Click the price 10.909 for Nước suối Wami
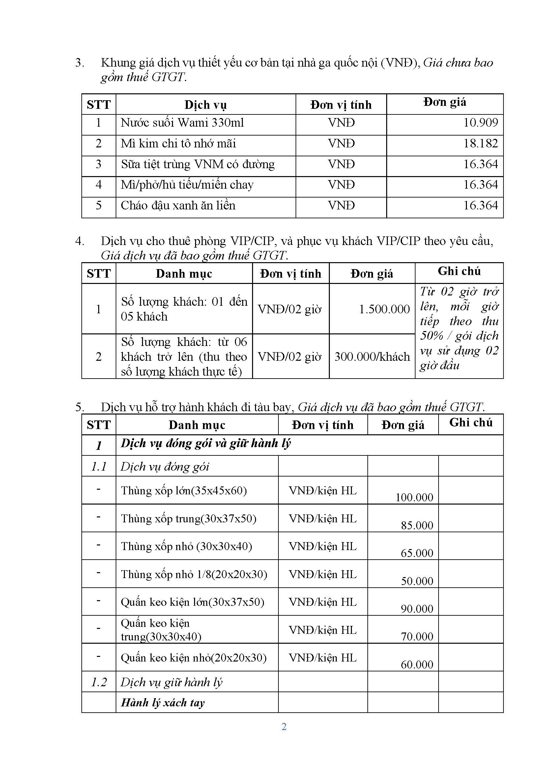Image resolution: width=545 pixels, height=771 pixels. [480, 123]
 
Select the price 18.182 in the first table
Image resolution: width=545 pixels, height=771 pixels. [480, 143]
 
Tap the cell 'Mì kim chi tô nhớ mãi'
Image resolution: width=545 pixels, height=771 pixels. [178, 143]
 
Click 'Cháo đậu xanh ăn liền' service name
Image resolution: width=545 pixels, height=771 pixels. [178, 205]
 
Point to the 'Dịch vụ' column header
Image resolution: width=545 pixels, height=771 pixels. [205, 105]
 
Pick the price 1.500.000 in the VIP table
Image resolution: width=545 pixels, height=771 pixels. [384, 309]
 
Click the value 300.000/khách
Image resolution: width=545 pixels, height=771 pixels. [372, 356]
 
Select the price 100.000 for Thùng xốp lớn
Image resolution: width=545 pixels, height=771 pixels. [414, 497]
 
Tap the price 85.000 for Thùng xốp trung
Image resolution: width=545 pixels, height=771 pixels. [417, 525]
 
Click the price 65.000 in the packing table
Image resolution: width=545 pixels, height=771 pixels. [417, 553]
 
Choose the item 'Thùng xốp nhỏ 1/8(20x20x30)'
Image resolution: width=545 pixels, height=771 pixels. [194, 574]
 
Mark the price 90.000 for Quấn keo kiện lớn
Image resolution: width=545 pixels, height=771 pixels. [417, 608]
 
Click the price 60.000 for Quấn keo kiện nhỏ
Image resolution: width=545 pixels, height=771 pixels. [417, 664]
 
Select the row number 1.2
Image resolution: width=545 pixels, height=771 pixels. [99, 682]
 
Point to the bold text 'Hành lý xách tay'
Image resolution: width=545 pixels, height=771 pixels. [162, 702]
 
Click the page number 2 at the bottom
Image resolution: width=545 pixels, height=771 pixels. [284, 727]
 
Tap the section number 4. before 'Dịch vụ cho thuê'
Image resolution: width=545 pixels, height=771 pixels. [79, 241]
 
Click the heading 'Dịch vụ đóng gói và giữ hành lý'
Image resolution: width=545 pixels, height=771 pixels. [205, 443]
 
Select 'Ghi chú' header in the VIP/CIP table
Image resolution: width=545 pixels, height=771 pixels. [459, 271]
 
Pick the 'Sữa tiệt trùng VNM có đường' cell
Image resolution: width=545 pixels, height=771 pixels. [198, 164]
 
